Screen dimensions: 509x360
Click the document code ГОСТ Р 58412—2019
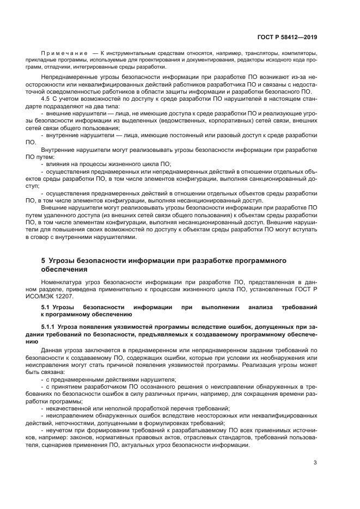286,38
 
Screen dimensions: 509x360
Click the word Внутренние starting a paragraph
58,149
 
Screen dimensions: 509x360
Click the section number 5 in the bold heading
43,261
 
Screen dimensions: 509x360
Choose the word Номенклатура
63,283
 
